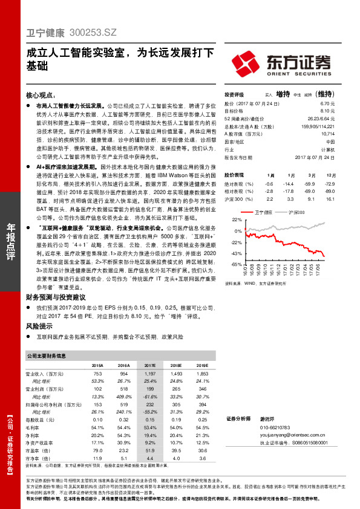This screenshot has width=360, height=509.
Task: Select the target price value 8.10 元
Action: click(326, 111)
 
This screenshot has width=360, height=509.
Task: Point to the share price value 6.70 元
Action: click(326, 104)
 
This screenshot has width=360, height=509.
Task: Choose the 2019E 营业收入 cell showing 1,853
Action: click(202, 374)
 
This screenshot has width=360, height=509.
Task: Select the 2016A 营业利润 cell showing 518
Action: click(124, 389)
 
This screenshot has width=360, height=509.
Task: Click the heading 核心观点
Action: click(41, 96)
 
